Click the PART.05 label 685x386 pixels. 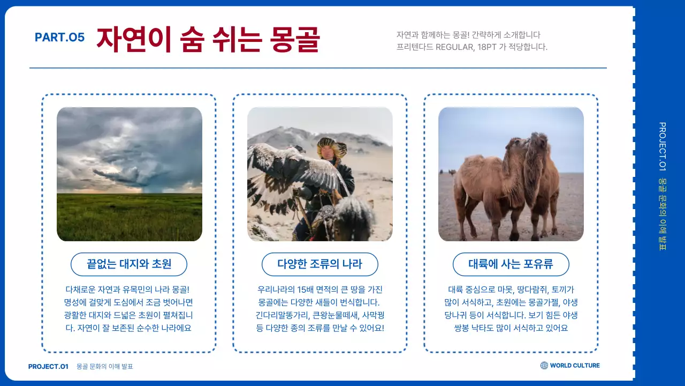click(59, 38)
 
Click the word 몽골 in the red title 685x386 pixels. click(294, 39)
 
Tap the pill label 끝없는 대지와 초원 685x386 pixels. click(129, 264)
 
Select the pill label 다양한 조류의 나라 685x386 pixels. click(319, 264)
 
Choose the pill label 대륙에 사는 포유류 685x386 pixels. click(511, 264)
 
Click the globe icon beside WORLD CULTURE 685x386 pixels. click(544, 366)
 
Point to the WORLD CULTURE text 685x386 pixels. click(575, 366)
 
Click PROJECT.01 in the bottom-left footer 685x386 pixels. click(48, 367)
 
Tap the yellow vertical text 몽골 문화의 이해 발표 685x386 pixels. click(662, 214)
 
